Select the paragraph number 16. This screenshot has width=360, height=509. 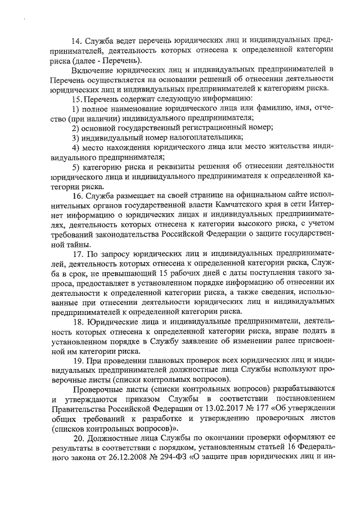(76, 196)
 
